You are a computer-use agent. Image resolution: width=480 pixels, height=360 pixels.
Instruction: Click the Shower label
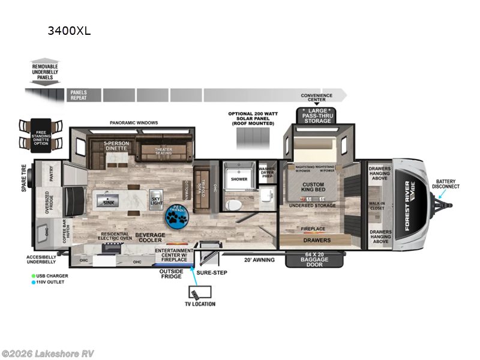[239, 179]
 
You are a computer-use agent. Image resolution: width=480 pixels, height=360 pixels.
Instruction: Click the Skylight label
[156, 202]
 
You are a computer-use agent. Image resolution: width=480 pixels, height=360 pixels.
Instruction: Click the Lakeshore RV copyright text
[47, 353]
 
